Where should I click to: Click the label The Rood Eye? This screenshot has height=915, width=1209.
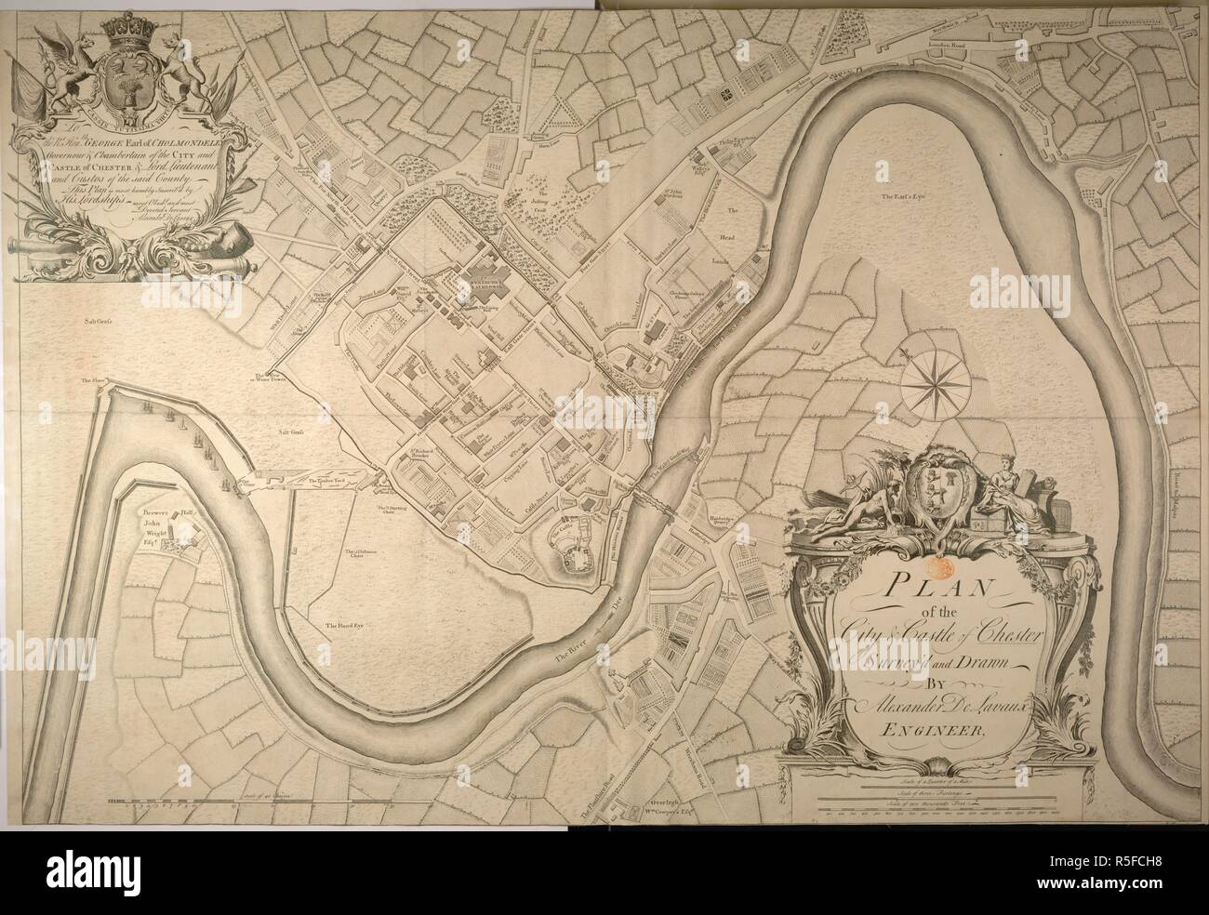tap(341, 626)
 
